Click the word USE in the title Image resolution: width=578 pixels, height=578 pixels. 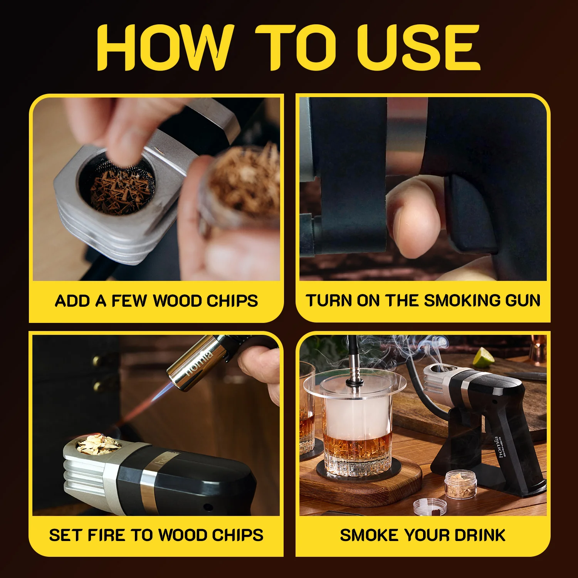tap(418, 48)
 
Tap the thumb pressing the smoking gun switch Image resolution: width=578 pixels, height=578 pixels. tap(414, 220)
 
